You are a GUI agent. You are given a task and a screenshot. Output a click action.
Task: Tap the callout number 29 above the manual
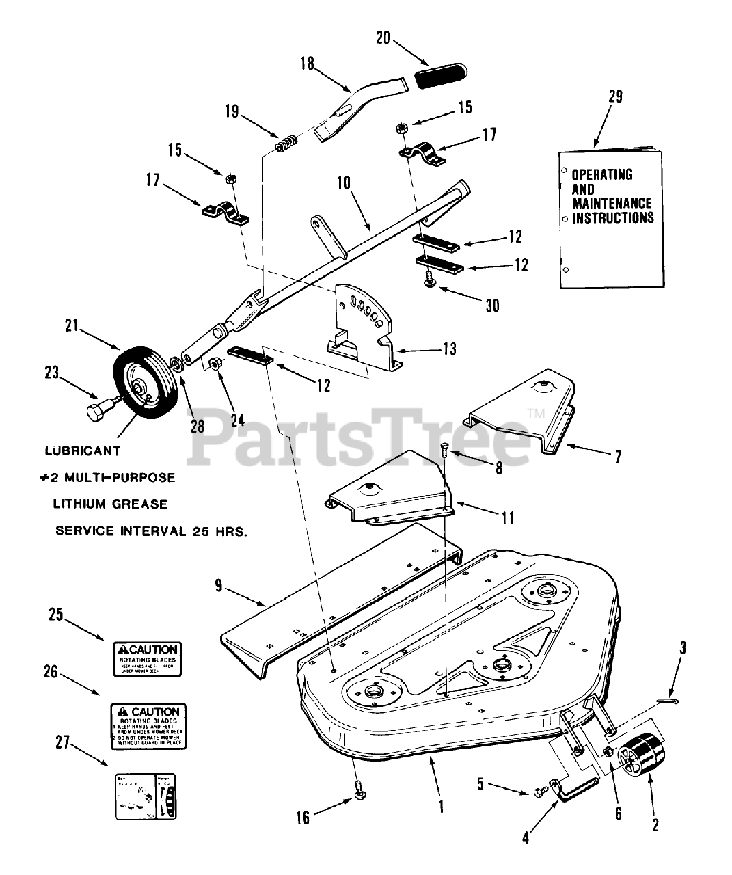614,97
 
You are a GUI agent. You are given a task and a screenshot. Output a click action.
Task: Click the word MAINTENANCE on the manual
612,204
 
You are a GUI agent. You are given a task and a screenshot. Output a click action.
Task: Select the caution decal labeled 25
146,658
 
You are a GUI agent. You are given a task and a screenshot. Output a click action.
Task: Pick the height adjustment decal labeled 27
145,796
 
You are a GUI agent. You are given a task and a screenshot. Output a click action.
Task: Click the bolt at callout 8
445,448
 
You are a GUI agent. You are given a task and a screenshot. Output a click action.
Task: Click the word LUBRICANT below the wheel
82,451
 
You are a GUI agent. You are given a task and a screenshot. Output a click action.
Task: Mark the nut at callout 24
214,364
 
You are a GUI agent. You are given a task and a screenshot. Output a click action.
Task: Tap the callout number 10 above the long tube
343,183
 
